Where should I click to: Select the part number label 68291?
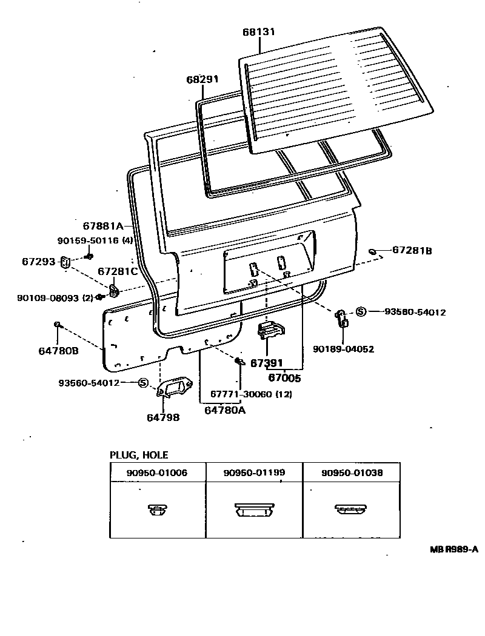click(202, 79)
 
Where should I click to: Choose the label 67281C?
click(118, 271)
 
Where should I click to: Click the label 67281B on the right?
click(412, 250)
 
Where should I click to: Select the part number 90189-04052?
click(343, 349)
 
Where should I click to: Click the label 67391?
click(267, 363)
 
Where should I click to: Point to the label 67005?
click(284, 377)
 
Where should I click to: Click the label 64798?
click(163, 417)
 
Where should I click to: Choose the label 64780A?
click(225, 410)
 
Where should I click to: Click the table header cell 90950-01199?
click(254, 472)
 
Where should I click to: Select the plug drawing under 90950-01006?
click(157, 510)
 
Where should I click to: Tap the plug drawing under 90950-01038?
click(351, 510)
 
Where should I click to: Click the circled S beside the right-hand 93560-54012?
click(360, 312)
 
